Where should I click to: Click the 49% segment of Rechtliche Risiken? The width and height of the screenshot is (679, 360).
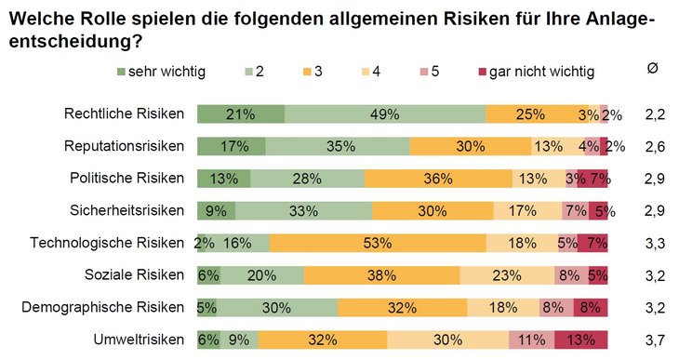pyautogui.click(x=385, y=114)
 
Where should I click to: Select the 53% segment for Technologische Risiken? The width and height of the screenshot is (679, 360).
pyautogui.click(x=378, y=243)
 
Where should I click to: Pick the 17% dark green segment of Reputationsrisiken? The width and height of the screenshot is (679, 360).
pyautogui.click(x=232, y=146)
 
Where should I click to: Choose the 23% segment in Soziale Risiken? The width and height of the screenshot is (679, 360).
pyautogui.click(x=507, y=275)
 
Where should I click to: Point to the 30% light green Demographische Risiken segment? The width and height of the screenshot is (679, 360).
pyautogui.click(x=277, y=307)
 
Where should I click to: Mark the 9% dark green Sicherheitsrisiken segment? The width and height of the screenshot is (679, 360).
pyautogui.click(x=216, y=210)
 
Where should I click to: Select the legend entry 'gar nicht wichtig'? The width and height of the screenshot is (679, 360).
pyautogui.click(x=535, y=71)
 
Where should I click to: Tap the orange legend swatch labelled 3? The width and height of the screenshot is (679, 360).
pyautogui.click(x=308, y=71)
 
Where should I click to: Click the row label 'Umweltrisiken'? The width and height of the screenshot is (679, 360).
pyautogui.click(x=140, y=340)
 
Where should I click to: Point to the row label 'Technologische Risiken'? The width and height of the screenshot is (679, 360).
pyautogui.click(x=107, y=243)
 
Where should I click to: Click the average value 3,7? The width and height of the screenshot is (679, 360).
pyautogui.click(x=655, y=340)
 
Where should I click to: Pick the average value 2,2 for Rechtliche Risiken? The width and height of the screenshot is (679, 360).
pyautogui.click(x=655, y=114)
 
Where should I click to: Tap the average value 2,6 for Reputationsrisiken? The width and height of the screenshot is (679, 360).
pyautogui.click(x=655, y=146)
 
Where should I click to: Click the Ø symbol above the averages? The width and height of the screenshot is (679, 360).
pyautogui.click(x=653, y=70)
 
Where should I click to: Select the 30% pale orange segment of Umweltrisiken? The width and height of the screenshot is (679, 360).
pyautogui.click(x=438, y=340)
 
